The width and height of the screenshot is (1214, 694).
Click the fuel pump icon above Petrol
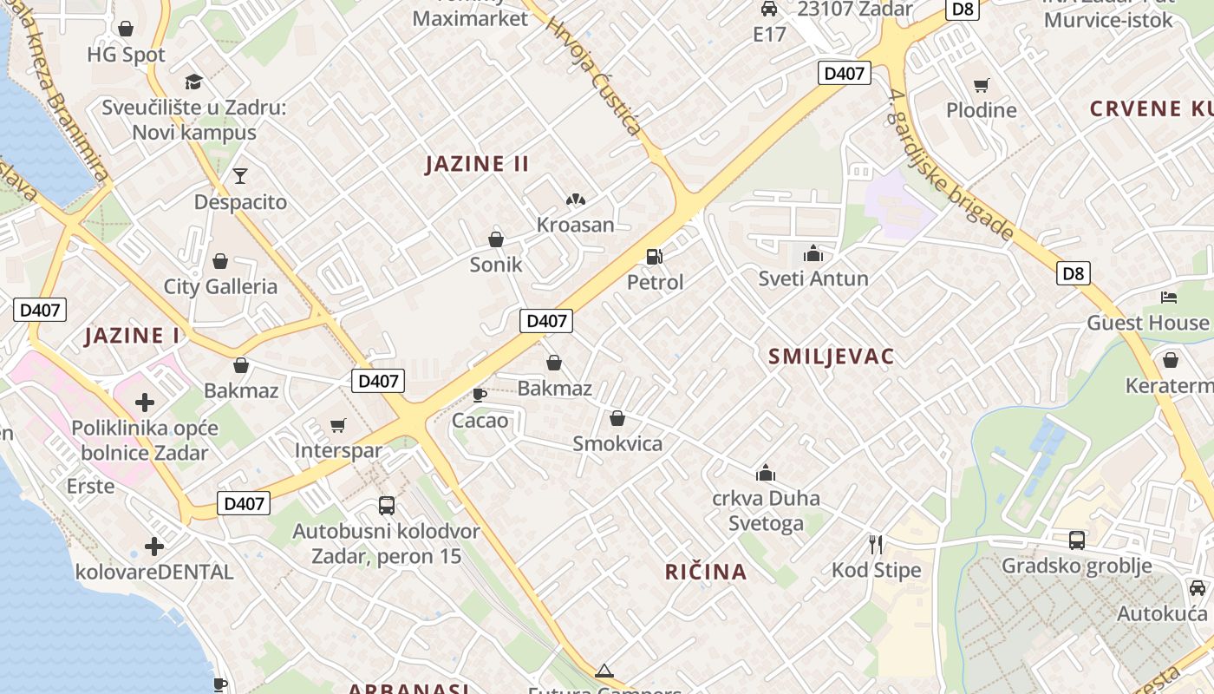655,256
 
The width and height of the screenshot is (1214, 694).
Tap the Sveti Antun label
813,278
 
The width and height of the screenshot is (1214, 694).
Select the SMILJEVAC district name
831,356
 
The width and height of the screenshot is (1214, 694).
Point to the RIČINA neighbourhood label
706,572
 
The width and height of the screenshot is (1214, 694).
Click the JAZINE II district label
477,164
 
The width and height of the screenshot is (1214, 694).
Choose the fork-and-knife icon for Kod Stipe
876,544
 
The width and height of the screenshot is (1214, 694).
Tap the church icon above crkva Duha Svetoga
766,473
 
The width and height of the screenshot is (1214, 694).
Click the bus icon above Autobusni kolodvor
387,505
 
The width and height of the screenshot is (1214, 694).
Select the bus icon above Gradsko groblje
1076,540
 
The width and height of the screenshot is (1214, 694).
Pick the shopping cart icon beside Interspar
338,425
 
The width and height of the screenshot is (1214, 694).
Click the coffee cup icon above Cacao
479,395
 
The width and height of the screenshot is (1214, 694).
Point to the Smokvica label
617,444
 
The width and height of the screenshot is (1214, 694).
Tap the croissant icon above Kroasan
575,200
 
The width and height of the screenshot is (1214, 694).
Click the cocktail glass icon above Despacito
240,176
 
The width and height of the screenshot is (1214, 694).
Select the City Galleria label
220,287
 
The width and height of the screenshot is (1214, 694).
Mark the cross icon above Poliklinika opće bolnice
145,402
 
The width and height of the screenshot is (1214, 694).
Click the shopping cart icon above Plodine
981,85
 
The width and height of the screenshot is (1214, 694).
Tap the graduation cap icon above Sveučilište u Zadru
193,82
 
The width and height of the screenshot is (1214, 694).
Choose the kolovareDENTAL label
154,573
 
